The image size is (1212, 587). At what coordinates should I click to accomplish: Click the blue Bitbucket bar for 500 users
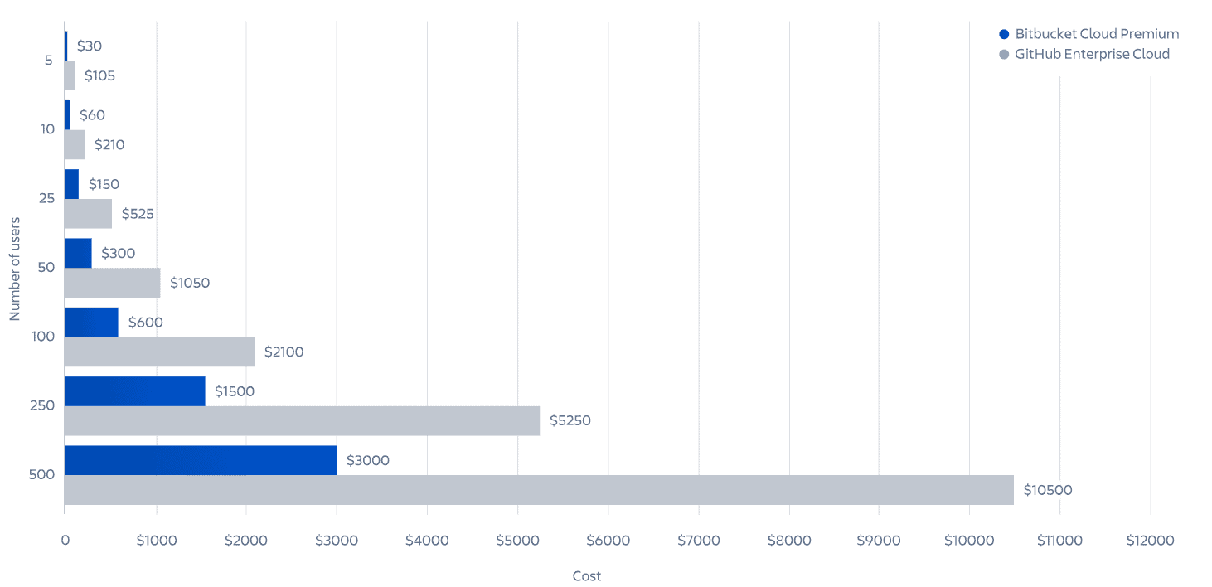(201, 460)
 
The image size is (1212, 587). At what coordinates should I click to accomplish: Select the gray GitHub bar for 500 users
(539, 490)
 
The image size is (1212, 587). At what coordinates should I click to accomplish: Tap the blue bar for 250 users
(135, 391)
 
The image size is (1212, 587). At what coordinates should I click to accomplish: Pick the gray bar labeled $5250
(303, 420)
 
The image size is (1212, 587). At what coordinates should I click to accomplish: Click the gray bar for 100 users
(160, 352)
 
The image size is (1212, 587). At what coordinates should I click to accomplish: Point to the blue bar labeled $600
(92, 322)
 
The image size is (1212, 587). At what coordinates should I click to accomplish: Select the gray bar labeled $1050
(113, 283)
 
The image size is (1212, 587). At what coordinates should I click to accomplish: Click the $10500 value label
(1048, 490)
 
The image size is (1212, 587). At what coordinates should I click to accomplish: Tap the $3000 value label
(368, 460)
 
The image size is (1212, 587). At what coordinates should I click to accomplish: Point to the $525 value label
(138, 214)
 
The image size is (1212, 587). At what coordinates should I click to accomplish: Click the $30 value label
(90, 46)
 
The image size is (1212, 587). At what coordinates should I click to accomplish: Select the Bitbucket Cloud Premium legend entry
(1088, 34)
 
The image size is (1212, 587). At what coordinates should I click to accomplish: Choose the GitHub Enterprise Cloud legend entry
(1084, 54)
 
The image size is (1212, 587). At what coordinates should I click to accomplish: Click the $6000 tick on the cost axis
(608, 541)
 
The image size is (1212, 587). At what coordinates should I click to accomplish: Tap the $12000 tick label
(1150, 541)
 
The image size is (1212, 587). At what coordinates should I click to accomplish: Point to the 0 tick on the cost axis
(65, 541)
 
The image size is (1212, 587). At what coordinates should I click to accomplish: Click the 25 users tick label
(46, 198)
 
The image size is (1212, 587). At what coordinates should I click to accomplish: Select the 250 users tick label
(42, 405)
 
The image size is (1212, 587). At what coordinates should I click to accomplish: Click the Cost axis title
(587, 576)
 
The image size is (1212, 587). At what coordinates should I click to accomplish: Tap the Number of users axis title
(15, 268)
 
